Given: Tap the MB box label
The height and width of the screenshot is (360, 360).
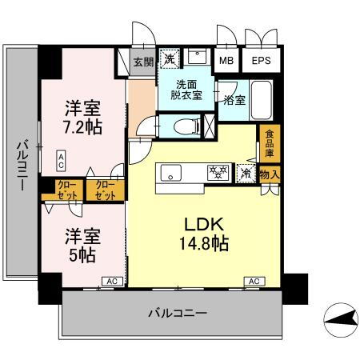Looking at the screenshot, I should pos(226,61).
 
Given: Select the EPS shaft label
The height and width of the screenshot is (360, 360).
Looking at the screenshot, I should pos(261,61).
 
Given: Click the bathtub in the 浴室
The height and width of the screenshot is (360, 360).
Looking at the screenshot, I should pos(262,99).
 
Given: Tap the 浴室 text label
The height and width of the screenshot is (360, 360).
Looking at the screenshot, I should pos(234,102).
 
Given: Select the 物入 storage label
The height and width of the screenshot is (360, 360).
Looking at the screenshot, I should pos(270,174).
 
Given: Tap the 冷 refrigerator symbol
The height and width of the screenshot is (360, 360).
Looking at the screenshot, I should pos(246,173).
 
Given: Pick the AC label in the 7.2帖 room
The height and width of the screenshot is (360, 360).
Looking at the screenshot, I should pos(61,160).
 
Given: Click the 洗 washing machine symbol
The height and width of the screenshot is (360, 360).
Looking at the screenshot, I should pos(170,59).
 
